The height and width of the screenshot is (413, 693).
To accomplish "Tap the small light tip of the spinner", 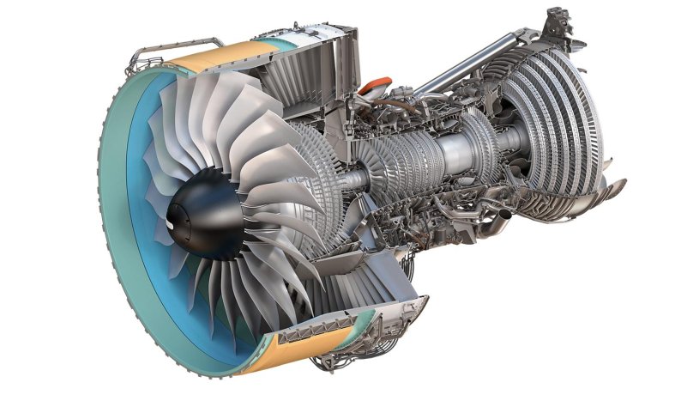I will click(x=172, y=225).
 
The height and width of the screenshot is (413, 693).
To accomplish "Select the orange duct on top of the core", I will click(x=372, y=87).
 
